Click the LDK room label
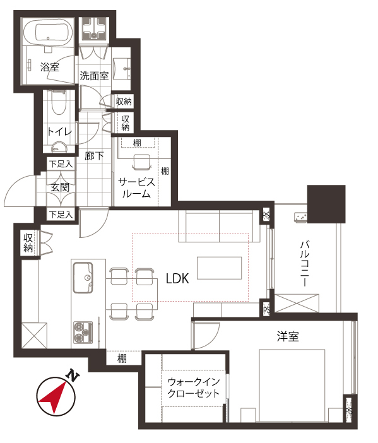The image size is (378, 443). click(177, 278)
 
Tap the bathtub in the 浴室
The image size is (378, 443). click(48, 33)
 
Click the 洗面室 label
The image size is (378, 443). click(94, 76)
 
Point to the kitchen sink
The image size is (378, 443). click(83, 278)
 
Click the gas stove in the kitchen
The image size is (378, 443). click(83, 333)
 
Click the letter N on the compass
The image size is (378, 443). click(73, 375)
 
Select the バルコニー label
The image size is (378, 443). click(305, 263)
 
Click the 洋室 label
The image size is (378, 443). click(288, 336)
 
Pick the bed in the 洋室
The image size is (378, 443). click(292, 386)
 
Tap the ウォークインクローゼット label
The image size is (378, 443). click(194, 387)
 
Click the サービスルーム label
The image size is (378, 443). click(136, 187)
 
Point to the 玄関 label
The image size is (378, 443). click(60, 187)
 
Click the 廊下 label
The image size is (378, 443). click(94, 156)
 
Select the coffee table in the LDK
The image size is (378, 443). click(219, 268)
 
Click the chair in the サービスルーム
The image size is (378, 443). click(141, 162)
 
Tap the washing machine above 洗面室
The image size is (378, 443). click(94, 29)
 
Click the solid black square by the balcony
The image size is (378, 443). click(326, 204)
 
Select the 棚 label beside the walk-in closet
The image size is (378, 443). click(122, 358)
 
